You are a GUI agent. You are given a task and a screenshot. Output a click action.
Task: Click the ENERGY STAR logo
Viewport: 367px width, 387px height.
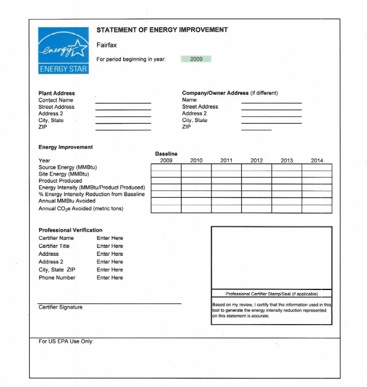pos(63,50)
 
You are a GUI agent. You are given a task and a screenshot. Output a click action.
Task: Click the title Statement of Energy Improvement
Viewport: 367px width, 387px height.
pos(162,30)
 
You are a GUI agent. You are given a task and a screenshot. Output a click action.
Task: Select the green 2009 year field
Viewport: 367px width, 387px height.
pos(196,59)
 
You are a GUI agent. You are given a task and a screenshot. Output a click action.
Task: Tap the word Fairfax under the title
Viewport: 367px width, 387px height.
pos(107,45)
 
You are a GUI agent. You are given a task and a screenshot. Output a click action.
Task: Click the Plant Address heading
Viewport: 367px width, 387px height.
pos(56,93)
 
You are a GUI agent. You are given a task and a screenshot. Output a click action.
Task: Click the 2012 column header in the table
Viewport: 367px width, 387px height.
pos(257,160)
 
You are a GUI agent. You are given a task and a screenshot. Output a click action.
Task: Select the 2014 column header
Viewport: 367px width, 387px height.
pos(317,160)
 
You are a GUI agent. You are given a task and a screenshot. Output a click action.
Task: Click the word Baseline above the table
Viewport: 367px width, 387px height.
pos(166,154)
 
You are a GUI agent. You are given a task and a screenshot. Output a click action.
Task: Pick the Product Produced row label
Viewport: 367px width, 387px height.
pos(60,181)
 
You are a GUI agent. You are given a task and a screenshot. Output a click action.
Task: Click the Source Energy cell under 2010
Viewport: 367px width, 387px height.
pos(196,167)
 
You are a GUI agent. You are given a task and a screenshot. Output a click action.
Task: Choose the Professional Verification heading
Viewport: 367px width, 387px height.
pos(70,230)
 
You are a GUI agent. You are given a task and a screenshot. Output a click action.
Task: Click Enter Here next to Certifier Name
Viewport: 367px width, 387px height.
pos(110,238)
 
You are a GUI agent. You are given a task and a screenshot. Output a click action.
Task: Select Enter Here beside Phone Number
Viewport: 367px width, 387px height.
pos(110,278)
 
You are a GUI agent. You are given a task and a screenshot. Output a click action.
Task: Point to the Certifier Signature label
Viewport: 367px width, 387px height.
pos(60,307)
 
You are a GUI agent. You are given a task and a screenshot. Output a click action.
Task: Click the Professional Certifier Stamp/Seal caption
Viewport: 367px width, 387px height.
pos(272,294)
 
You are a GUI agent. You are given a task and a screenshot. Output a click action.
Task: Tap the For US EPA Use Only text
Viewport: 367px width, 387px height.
pos(66,341)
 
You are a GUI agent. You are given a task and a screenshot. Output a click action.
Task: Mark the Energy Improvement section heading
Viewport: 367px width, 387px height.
pos(66,147)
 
